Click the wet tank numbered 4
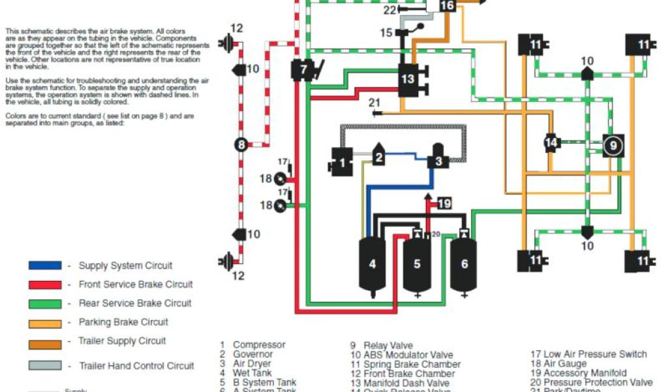tap(372, 265)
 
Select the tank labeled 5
tap(417, 265)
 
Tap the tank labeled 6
tap(464, 264)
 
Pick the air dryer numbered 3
tap(439, 157)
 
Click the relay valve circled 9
tap(613, 146)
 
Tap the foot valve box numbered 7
tap(304, 69)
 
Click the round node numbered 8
tap(241, 145)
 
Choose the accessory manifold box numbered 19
tap(444, 203)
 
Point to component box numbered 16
tap(447, 7)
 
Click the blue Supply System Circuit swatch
tap(45, 266)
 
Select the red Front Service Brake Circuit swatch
tap(45, 285)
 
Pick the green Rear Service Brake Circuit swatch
tap(45, 304)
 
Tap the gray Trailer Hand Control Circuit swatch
tap(45, 366)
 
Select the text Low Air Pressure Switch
tap(595, 354)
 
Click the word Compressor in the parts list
tap(259, 345)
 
